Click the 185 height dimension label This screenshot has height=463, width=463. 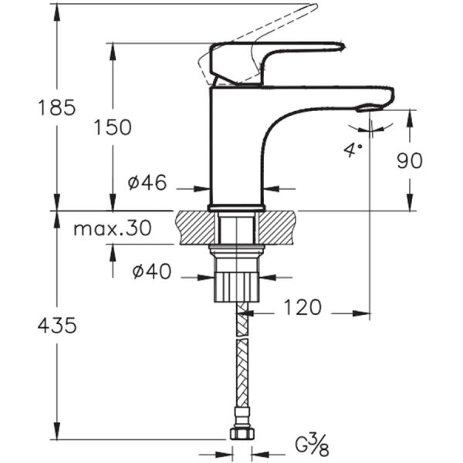57,108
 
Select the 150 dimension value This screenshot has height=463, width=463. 113,127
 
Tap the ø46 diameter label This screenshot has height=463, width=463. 147,184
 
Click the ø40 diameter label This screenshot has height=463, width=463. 150,272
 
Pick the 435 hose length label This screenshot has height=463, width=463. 57,326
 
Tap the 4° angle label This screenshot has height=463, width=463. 353,149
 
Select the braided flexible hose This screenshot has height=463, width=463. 242,363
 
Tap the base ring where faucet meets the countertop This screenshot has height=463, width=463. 237,208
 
